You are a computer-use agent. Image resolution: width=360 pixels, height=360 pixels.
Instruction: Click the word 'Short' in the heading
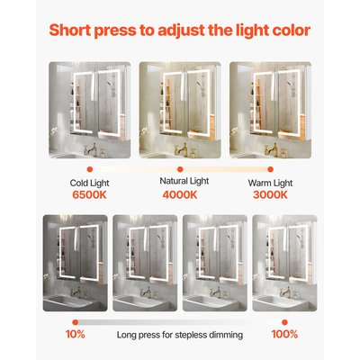pyautogui.click(x=70, y=31)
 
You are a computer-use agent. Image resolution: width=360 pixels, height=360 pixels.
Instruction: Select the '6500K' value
pyautogui.click(x=89, y=194)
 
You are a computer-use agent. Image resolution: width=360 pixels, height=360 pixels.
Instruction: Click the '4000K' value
pyautogui.click(x=180, y=194)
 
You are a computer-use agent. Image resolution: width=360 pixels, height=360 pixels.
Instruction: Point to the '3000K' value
pyautogui.click(x=270, y=194)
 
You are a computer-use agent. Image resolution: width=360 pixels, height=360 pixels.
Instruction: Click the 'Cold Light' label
pyautogui.click(x=89, y=183)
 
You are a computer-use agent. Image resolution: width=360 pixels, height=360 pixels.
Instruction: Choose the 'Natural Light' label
pyautogui.click(x=184, y=181)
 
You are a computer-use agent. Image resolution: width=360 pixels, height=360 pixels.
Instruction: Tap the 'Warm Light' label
pyautogui.click(x=270, y=183)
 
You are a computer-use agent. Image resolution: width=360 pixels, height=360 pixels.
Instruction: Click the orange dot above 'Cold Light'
pyautogui.click(x=89, y=169)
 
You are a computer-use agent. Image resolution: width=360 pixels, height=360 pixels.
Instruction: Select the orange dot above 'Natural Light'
pyautogui.click(x=180, y=169)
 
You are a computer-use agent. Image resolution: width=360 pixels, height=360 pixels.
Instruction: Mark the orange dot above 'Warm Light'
pyautogui.click(x=271, y=169)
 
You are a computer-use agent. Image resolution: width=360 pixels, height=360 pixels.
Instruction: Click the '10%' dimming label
pyautogui.click(x=75, y=334)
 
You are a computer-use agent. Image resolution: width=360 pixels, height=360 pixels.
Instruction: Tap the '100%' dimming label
pyautogui.click(x=284, y=334)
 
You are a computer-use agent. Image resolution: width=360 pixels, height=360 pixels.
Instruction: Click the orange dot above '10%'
pyautogui.click(x=76, y=322)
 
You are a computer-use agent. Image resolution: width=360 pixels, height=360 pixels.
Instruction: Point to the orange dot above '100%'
pyautogui.click(x=284, y=322)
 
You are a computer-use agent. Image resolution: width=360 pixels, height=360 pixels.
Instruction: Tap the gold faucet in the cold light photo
pyautogui.click(x=91, y=149)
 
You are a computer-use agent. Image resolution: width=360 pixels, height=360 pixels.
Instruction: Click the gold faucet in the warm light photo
pyautogui.click(x=272, y=149)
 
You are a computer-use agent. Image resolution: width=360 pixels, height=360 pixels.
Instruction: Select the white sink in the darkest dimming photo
pyautogui.click(x=68, y=301)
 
